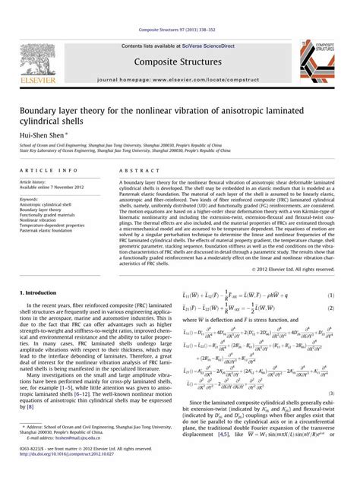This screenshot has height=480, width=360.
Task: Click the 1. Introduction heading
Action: (x=40, y=293)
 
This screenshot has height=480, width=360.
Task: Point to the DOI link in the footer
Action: (x=57, y=472)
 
